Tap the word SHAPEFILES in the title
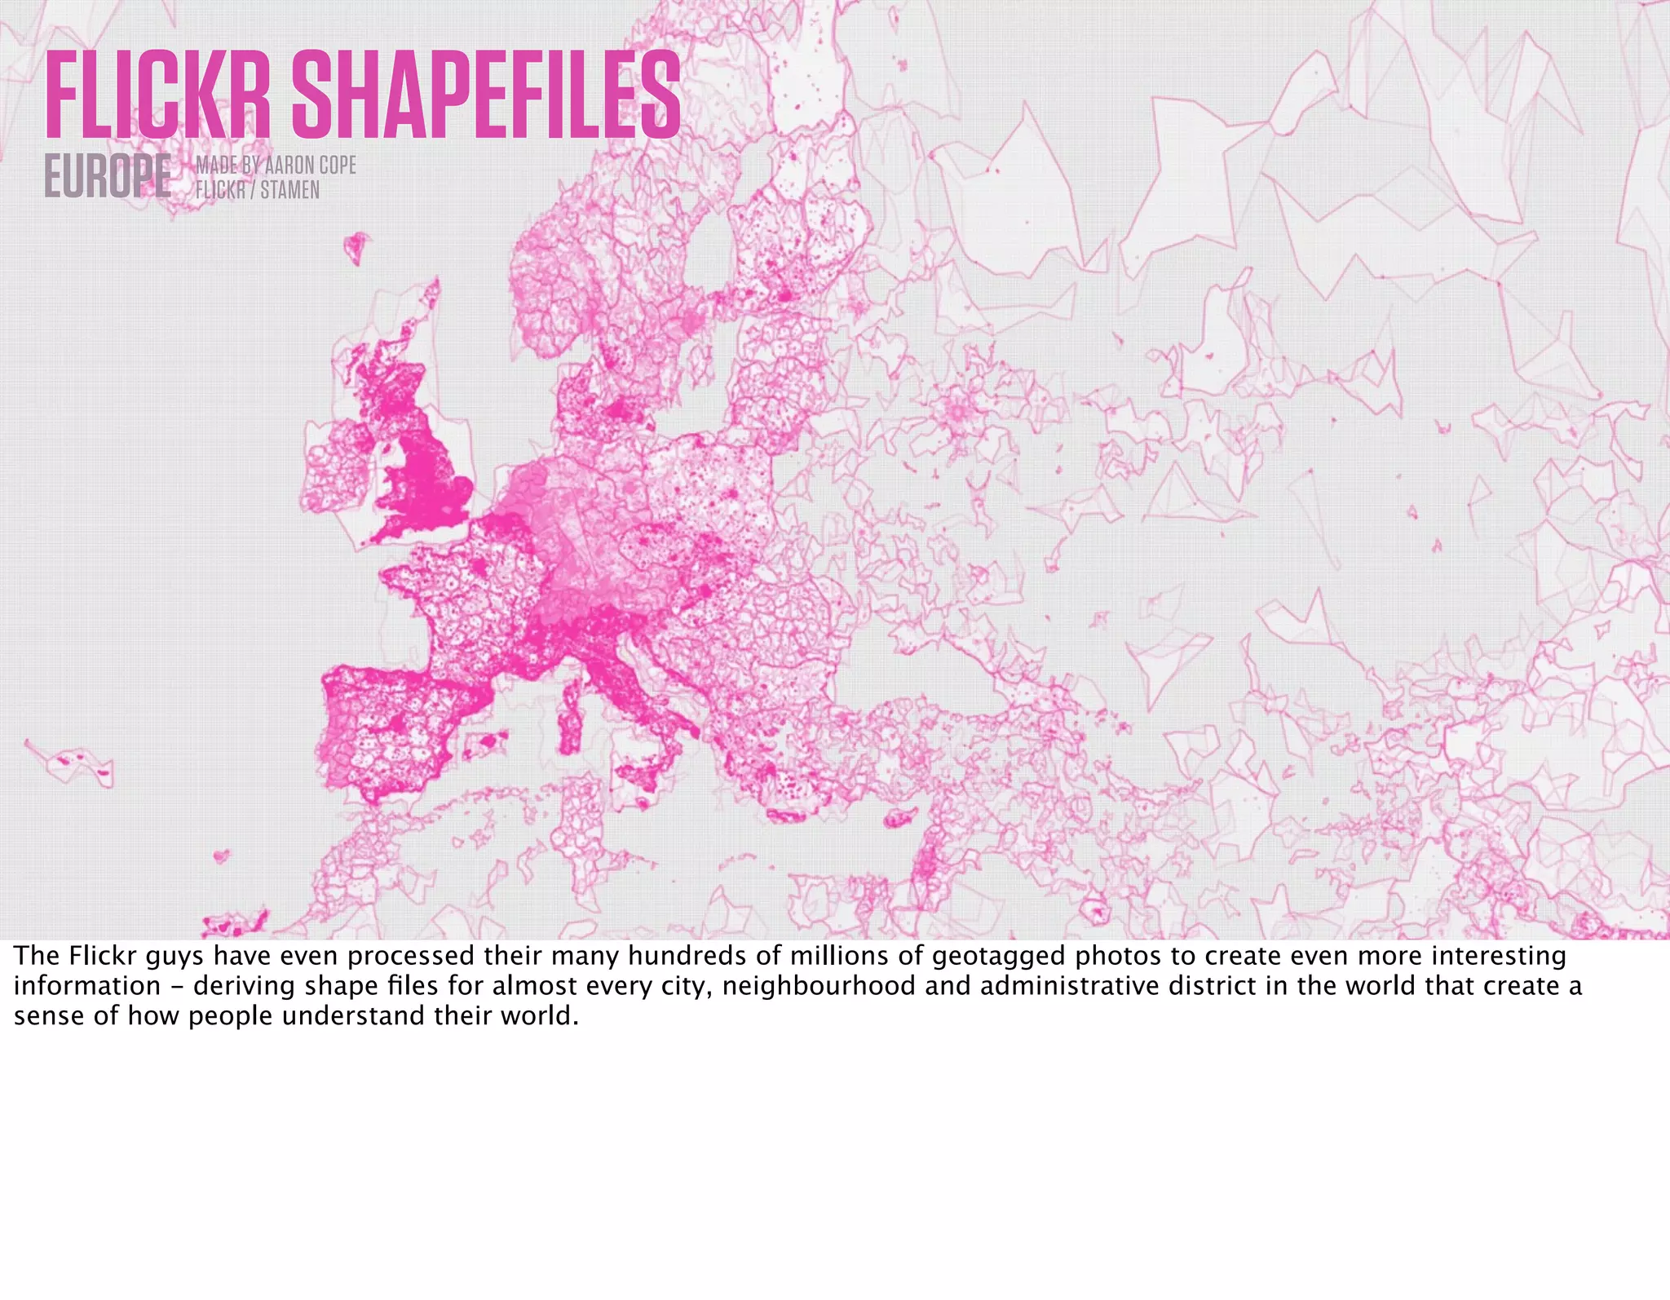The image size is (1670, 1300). click(x=486, y=95)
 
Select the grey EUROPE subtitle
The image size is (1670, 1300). click(x=108, y=176)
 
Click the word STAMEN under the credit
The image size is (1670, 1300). click(x=289, y=190)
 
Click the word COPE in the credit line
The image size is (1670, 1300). click(x=338, y=165)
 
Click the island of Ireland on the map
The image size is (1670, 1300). click(x=338, y=473)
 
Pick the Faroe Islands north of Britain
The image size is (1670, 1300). click(x=356, y=247)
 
